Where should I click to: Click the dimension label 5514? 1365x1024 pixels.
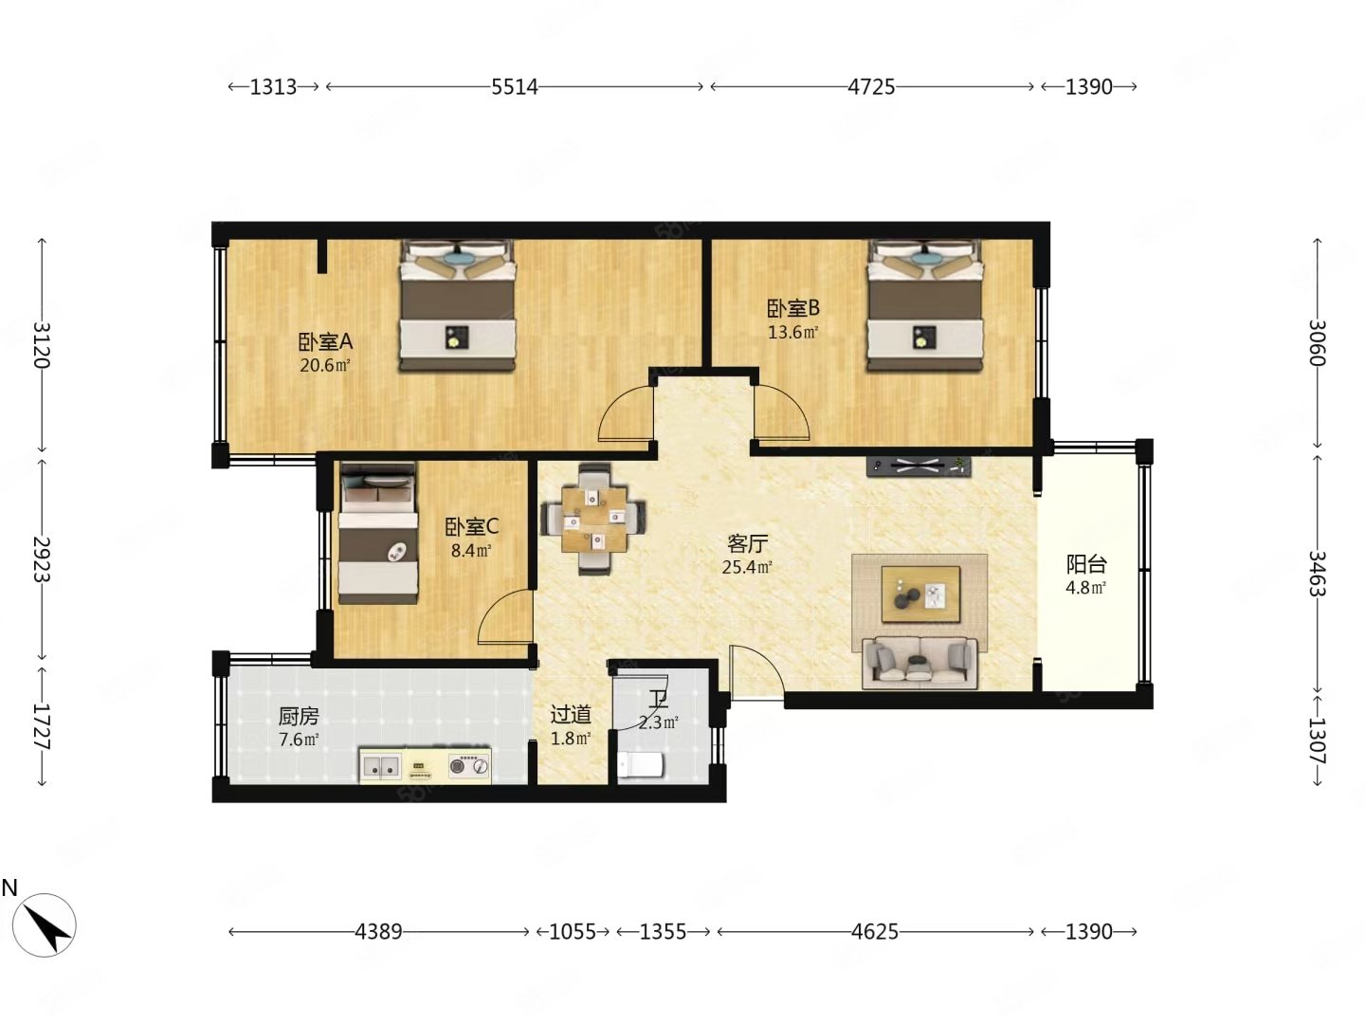[515, 86]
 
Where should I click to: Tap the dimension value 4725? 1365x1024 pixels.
[871, 86]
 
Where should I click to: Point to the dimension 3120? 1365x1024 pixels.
[42, 345]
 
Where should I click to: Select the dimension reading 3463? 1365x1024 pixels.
[1317, 574]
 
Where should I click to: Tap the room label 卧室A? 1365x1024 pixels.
[325, 341]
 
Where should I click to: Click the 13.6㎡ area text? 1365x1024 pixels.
[792, 332]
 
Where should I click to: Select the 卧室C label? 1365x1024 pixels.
[471, 527]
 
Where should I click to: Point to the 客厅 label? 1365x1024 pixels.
[747, 544]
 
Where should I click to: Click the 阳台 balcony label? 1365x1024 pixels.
[1086, 564]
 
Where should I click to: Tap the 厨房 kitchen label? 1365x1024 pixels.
[299, 716]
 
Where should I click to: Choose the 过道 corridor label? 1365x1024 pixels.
[571, 715]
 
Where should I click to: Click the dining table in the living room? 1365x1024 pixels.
[593, 519]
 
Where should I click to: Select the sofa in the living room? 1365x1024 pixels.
[919, 663]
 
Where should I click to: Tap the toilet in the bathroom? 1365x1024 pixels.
[640, 763]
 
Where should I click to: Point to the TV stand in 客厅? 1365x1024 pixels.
[919, 466]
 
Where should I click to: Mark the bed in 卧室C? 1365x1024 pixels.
[377, 533]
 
